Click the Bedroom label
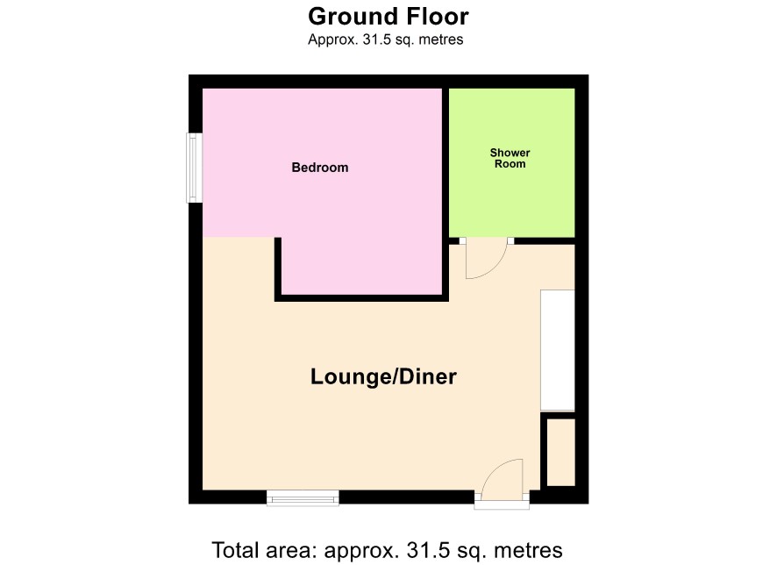pyautogui.click(x=319, y=168)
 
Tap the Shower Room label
pyautogui.click(x=510, y=158)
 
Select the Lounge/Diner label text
pyautogui.click(x=383, y=376)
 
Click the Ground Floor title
pyautogui.click(x=388, y=16)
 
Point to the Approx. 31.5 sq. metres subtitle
pyautogui.click(x=386, y=39)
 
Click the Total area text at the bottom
pyautogui.click(x=387, y=551)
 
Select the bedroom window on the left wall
pyautogui.click(x=195, y=168)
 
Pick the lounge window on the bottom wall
pyautogui.click(x=303, y=498)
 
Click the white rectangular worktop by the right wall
pyautogui.click(x=558, y=350)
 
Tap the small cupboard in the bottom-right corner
pyautogui.click(x=561, y=453)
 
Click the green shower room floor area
pyautogui.click(x=512, y=198)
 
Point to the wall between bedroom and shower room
pyautogui.click(x=446, y=193)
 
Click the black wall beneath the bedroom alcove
pyautogui.click(x=361, y=298)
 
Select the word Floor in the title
pyautogui.click(x=437, y=16)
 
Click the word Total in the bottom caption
pyautogui.click(x=235, y=551)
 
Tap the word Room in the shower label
pyautogui.click(x=510, y=164)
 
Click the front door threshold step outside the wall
pyautogui.click(x=502, y=505)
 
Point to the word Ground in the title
pyautogui.click(x=353, y=16)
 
